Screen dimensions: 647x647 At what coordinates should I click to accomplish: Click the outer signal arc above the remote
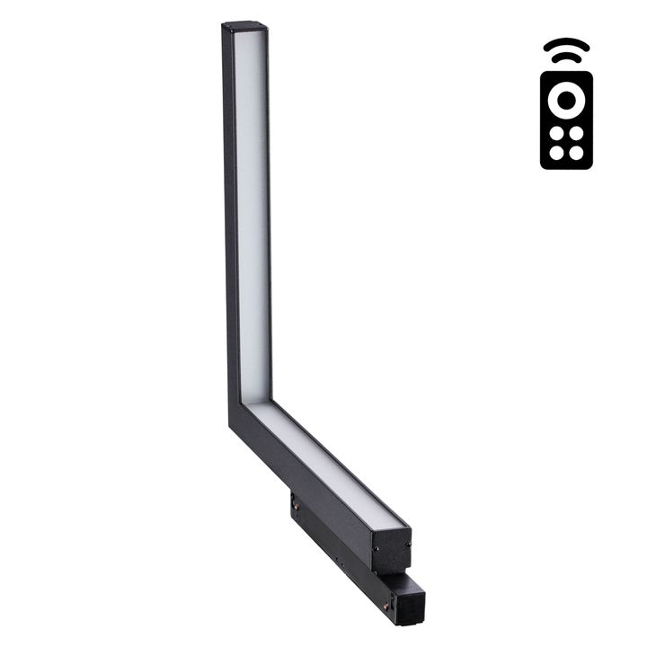click(566, 42)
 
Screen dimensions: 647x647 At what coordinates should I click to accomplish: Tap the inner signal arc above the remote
click(566, 58)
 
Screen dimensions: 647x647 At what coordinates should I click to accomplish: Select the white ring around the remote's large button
click(566, 100)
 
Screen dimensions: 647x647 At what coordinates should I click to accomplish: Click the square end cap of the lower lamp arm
click(392, 549)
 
